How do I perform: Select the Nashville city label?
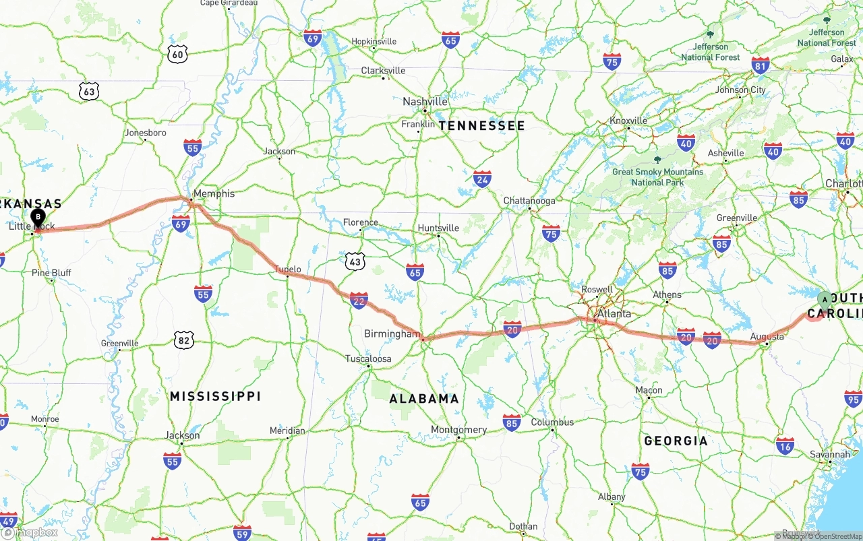pyautogui.click(x=425, y=102)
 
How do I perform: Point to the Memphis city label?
pyautogui.click(x=213, y=193)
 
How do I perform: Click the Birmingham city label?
pyautogui.click(x=392, y=333)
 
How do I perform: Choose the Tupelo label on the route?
pyautogui.click(x=287, y=269)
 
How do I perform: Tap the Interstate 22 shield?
pyautogui.click(x=359, y=300)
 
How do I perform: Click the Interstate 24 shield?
pyautogui.click(x=482, y=179)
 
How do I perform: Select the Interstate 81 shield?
pyautogui.click(x=761, y=65)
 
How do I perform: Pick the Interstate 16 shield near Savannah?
pyautogui.click(x=785, y=445)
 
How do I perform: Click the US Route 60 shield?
pyautogui.click(x=177, y=55)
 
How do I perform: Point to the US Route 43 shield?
pyautogui.click(x=355, y=261)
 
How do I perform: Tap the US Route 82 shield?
pyautogui.click(x=183, y=340)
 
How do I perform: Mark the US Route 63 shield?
pyautogui.click(x=88, y=92)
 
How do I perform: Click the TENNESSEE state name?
pyautogui.click(x=481, y=126)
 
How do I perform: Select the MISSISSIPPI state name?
pyautogui.click(x=215, y=396)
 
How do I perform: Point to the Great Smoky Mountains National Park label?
pyautogui.click(x=657, y=177)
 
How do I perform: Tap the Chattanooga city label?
pyautogui.click(x=529, y=201)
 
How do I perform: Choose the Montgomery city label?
pyautogui.click(x=458, y=430)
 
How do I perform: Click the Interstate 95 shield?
pyautogui.click(x=853, y=398)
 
